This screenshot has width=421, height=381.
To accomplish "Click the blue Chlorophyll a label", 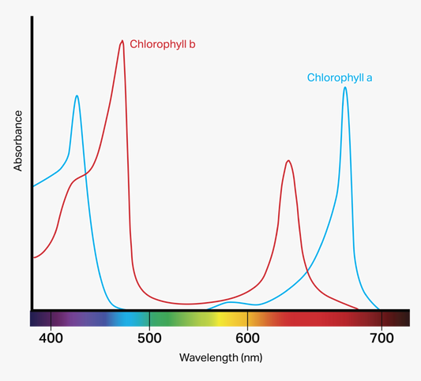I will (339, 77).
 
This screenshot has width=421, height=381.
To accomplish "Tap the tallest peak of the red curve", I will (122, 41).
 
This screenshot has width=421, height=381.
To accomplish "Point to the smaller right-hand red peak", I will (288, 161).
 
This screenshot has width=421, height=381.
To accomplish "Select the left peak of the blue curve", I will (77, 95).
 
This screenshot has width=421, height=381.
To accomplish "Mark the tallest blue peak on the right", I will (345, 88).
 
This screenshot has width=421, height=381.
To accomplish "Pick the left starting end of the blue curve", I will (35, 186).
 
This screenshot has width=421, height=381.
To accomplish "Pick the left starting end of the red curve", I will (35, 257).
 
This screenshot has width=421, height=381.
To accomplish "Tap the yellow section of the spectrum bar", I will (229, 319).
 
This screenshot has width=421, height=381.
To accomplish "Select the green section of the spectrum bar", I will (170, 319).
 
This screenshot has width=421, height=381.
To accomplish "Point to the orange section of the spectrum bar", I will (265, 319).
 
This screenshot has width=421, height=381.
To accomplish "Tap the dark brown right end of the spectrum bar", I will (397, 319).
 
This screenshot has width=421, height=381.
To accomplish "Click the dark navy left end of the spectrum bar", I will (39, 319).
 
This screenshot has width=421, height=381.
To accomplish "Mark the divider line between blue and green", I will (149, 319).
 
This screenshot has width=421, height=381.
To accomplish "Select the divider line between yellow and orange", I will (247, 319).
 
